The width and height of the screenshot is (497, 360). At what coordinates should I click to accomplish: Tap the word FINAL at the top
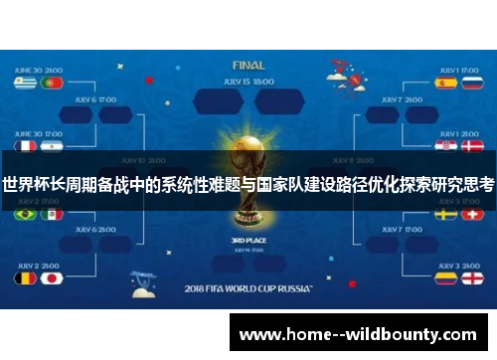pos(248,65)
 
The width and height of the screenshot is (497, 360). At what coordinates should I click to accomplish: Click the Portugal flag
pos(52,84)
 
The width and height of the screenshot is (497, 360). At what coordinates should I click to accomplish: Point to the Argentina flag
pos(52,145)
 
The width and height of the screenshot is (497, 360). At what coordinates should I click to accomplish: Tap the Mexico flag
pos(52,214)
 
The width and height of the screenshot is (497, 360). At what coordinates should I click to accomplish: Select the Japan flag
pos(52,277)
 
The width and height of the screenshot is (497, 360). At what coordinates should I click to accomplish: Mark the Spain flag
pos(446,84)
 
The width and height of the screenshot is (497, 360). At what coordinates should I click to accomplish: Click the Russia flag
pos(470,84)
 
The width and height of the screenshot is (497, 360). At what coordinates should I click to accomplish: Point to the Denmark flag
pos(470,145)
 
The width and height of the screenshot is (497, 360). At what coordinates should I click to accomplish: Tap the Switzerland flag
pos(470,214)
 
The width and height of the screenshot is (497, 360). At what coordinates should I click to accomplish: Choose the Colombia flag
pos(446,277)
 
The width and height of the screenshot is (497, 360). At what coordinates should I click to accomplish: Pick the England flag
pos(470,277)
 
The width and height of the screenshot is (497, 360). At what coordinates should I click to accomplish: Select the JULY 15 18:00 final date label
pos(248,81)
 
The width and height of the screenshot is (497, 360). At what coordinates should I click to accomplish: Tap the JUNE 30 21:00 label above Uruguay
pos(39,70)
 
